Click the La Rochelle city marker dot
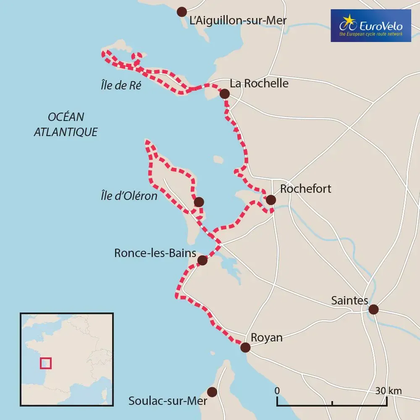coord(225,94)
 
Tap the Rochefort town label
coord(305,189)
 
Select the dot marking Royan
coord(245,347)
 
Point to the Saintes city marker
coord(373,310)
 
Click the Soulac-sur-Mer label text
coord(168,401)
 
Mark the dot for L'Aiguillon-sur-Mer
coord(182,11)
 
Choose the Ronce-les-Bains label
coord(155,253)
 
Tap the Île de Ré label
coord(121,86)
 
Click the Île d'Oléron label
coord(129,196)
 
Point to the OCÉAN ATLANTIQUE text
coord(66,124)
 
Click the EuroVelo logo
coord(370,26)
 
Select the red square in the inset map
coord(45,363)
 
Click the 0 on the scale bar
coord(277,391)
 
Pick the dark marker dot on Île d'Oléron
coord(199,202)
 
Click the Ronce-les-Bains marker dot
coord(202,260)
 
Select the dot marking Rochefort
coord(271,199)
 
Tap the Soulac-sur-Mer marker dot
coord(213,392)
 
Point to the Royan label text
coord(266,338)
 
